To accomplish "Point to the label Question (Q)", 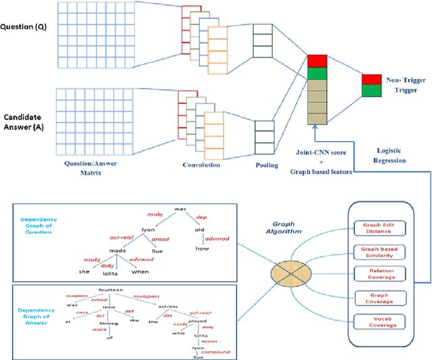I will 27,28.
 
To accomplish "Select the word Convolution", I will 202,164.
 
